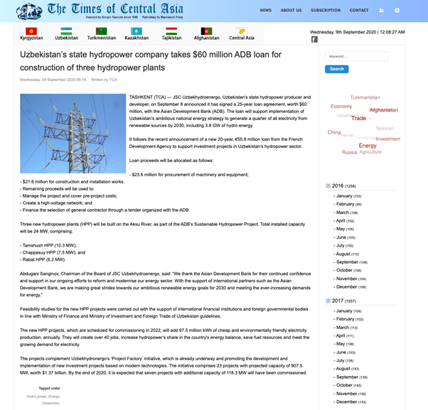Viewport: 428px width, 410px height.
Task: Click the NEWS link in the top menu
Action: point(265,10)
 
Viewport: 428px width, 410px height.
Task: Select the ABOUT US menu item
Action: point(291,10)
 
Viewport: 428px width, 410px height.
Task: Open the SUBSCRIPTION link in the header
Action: point(326,10)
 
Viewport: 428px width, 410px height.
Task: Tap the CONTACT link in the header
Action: point(359,10)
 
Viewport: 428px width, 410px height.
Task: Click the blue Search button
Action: point(336,69)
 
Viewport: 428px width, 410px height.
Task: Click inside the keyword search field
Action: point(356,56)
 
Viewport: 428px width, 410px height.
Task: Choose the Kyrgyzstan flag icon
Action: point(31,31)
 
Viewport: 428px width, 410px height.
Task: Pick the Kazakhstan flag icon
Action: point(137,31)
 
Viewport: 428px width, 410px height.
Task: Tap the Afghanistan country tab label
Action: point(206,38)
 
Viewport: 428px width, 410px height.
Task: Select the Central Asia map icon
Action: point(242,31)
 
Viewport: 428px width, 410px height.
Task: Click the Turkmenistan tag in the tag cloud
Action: point(365,97)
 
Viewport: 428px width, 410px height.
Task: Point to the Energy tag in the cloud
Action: point(368,146)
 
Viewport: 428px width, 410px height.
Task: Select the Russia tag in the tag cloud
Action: point(349,152)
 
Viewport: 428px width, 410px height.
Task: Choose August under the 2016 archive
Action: point(344,254)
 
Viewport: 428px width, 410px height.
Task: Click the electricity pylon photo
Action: point(73,134)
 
